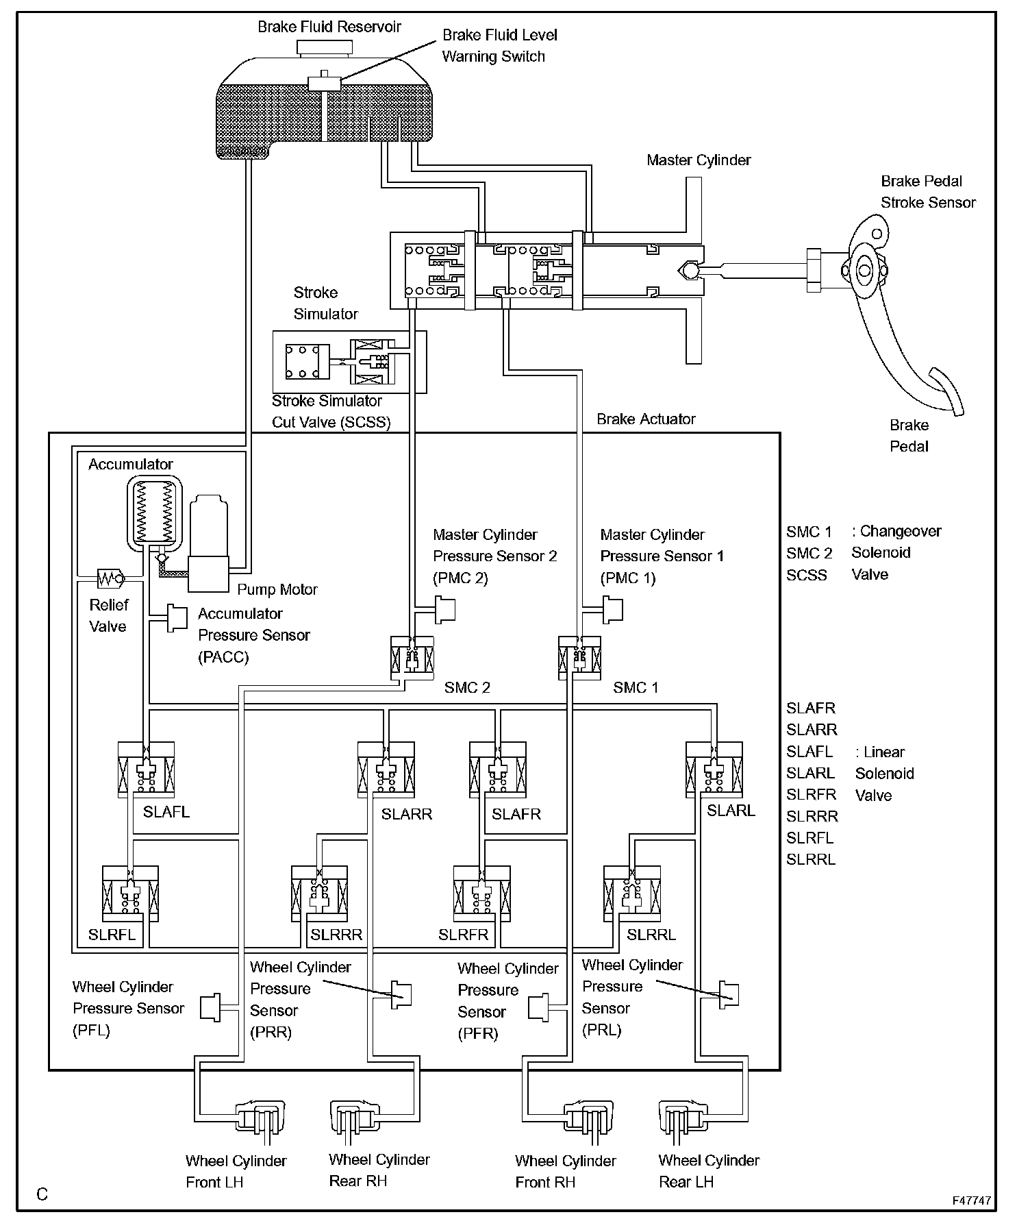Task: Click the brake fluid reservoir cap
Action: coord(324,47)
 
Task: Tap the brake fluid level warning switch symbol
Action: coord(325,83)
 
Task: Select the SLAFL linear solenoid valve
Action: coord(146,769)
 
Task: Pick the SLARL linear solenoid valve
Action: coord(714,769)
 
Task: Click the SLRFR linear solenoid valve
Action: coord(482,894)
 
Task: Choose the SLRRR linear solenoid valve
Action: coord(319,894)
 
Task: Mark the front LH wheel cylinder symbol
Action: coord(260,1120)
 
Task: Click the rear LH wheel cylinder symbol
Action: coord(682,1120)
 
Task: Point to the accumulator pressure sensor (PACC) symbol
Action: coord(177,618)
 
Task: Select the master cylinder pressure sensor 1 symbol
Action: coord(612,609)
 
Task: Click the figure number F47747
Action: coord(971,1200)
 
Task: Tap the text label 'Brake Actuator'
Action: coord(646,419)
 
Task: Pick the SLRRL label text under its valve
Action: coord(651,935)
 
